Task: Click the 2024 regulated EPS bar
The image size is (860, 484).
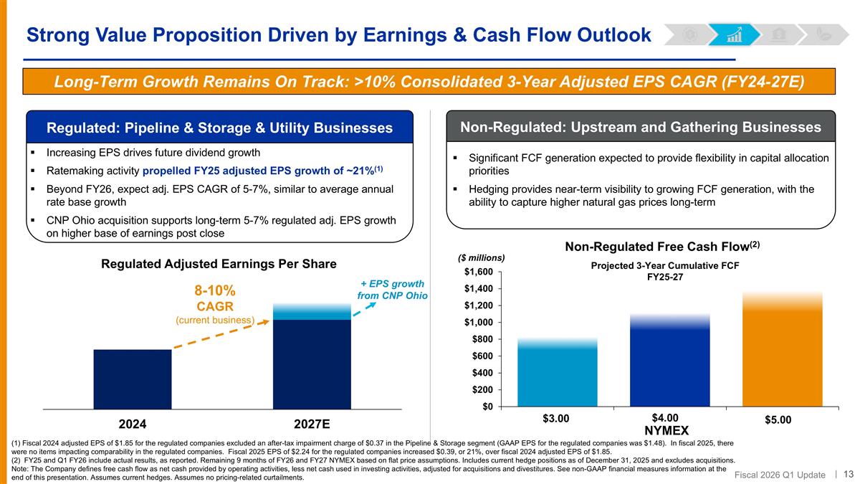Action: [132, 379]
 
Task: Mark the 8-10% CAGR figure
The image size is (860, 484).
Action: [216, 291]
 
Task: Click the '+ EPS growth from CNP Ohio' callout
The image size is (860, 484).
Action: [391, 290]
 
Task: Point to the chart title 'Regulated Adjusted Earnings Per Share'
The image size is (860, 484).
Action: [219, 264]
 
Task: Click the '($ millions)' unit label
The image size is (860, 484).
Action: [481, 257]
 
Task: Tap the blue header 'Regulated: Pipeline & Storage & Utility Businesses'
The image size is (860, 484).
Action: [219, 128]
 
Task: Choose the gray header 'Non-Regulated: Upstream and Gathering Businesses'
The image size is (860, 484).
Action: [641, 127]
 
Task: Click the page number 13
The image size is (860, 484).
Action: [849, 473]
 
